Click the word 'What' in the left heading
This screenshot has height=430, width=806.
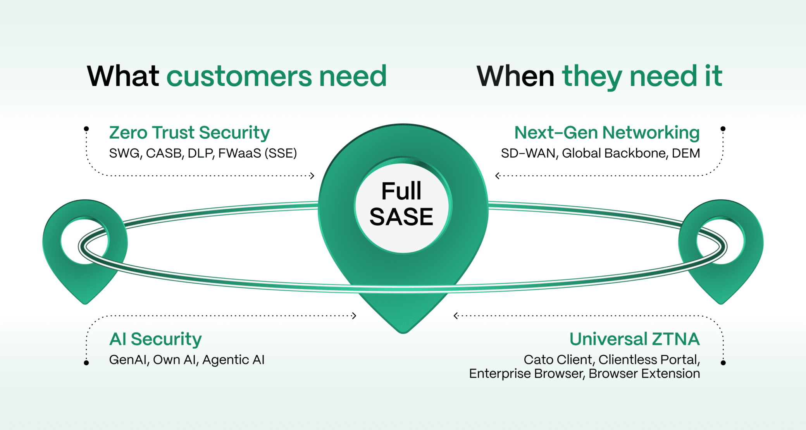tap(123, 76)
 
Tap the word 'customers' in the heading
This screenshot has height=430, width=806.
tap(239, 76)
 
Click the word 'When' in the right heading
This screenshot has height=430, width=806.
tap(515, 76)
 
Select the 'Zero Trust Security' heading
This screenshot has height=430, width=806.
tap(189, 133)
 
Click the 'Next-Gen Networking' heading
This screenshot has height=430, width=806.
tap(607, 133)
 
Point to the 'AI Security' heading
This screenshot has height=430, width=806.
tap(155, 339)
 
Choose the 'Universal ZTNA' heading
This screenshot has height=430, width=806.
tap(634, 339)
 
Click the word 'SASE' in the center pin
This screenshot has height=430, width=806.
tap(401, 217)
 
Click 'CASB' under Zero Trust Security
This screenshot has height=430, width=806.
tap(164, 154)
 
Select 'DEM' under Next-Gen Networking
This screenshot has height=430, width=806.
tap(685, 153)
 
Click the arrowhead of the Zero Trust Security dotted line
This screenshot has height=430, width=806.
tap(312, 176)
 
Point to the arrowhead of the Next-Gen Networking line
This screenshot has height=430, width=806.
tap(498, 176)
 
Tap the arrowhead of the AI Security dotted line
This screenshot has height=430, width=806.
tap(354, 316)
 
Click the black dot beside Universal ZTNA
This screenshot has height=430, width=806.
tap(723, 363)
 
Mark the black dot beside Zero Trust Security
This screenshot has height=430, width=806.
tap(86, 129)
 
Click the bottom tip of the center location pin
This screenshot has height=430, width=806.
tap(403, 332)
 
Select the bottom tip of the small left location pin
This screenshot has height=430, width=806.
tap(85, 303)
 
